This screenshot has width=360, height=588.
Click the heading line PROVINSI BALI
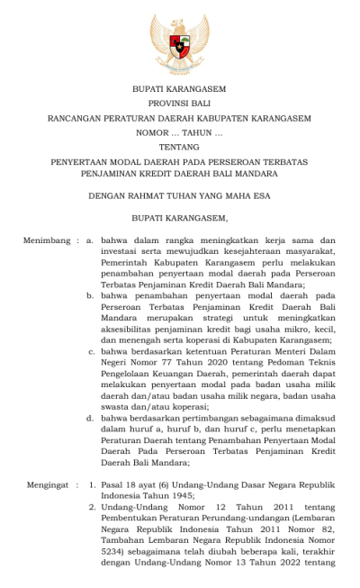[179, 104]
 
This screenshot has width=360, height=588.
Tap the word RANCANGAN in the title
[85, 118]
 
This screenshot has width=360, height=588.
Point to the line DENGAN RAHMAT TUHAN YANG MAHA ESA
[179, 194]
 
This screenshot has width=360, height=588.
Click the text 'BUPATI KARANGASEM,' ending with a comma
[179, 217]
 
